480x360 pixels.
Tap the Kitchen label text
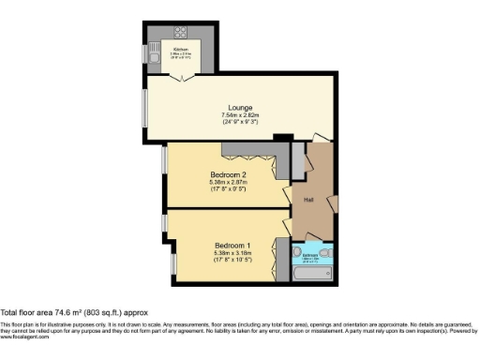coord(181,48)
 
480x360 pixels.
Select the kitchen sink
coord(153,57)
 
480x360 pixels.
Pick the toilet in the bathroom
coord(324,253)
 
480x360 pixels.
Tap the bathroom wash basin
coord(297,253)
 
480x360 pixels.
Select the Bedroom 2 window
coord(163,159)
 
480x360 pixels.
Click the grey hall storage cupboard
coord(298,161)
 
